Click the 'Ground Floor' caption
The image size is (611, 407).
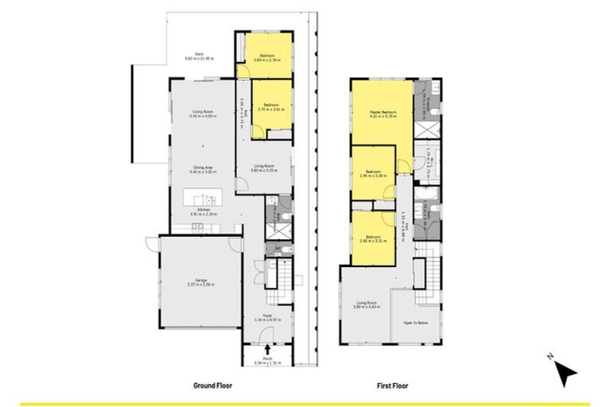click(212, 385)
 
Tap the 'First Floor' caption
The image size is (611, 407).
click(392, 385)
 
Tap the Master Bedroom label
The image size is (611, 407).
click(383, 114)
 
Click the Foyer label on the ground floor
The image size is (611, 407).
click(267, 317)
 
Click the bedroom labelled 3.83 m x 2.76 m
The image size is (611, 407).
click(264, 57)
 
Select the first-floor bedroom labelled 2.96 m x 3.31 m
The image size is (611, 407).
click(373, 238)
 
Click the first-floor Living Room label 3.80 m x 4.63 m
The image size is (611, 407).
click(366, 304)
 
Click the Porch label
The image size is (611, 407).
click(267, 362)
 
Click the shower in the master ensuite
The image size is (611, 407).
click(426, 127)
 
